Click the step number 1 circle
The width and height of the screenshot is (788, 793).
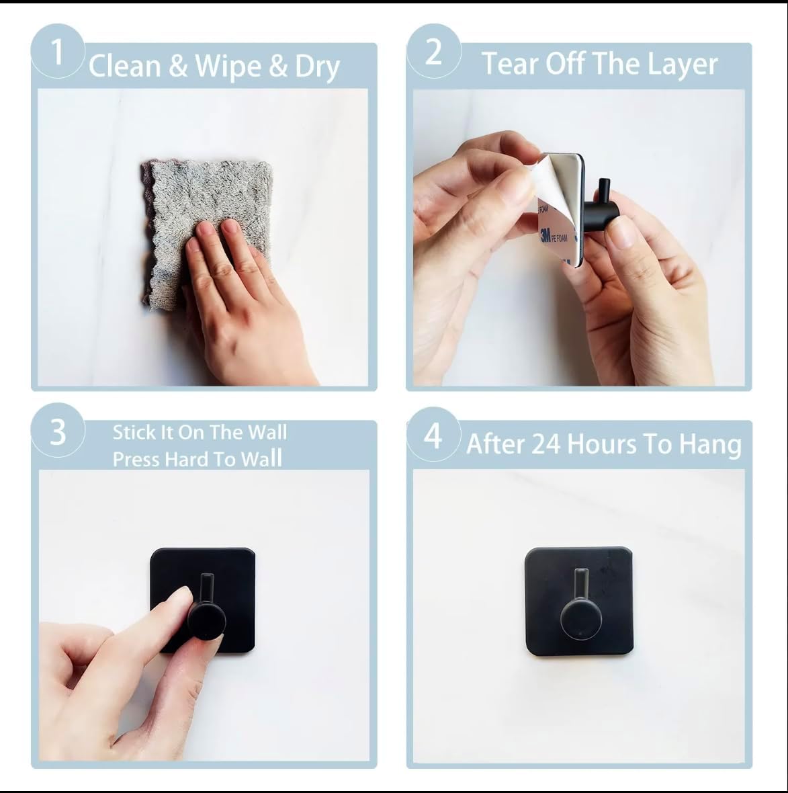click(57, 51)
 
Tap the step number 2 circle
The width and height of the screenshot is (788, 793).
click(434, 51)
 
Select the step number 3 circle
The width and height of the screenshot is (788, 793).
click(58, 431)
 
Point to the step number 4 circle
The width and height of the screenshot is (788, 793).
click(433, 434)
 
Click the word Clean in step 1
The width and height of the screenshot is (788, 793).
click(125, 67)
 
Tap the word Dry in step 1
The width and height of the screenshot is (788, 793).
click(318, 68)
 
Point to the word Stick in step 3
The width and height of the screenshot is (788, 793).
click(134, 432)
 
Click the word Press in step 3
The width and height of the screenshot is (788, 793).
click(136, 459)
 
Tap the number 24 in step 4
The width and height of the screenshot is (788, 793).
click(546, 444)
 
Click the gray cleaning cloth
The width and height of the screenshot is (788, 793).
click(205, 230)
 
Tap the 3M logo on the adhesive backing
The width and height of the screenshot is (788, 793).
click(545, 236)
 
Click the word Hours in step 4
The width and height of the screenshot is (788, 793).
click(601, 444)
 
